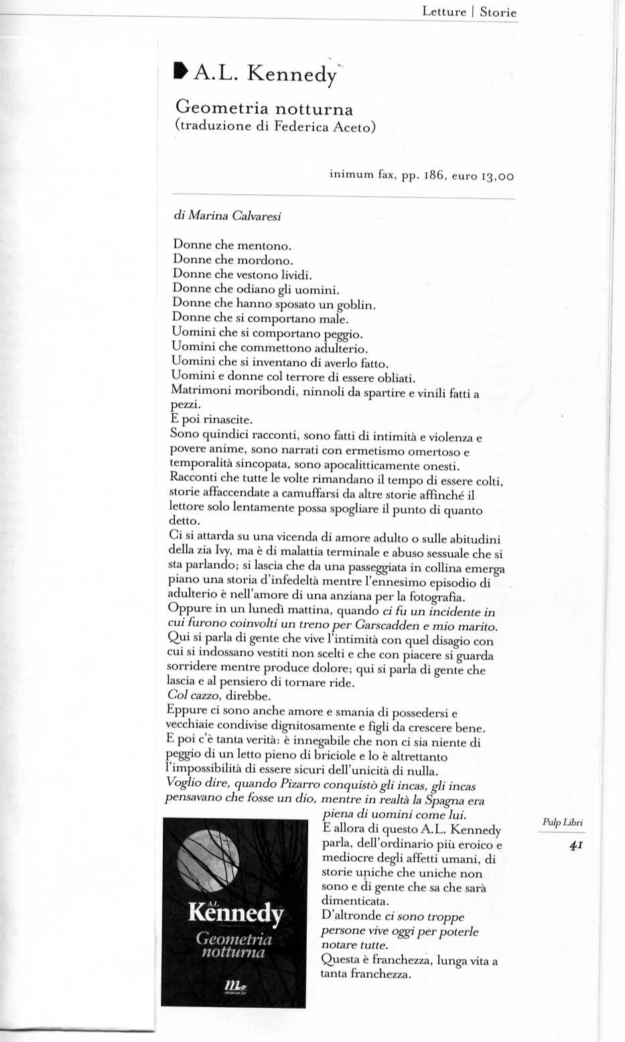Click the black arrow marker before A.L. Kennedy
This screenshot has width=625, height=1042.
tap(180, 70)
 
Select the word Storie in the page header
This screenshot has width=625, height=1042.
tap(498, 12)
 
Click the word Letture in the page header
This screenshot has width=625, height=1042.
tap(443, 12)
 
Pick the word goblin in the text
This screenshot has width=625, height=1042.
tap(355, 305)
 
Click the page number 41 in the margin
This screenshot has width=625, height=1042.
tap(575, 846)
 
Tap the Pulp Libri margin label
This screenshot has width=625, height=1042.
tap(562, 822)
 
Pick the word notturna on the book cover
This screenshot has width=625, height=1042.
tap(233, 952)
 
